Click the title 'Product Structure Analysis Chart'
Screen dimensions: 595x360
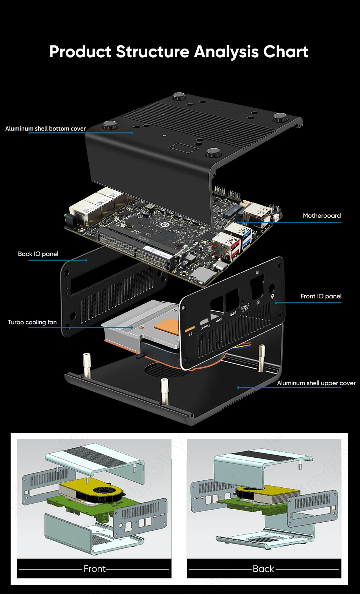pos(179,52)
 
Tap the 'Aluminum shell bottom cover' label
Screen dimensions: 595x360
pos(45,129)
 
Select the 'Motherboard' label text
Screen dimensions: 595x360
pos(322,215)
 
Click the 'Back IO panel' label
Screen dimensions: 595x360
pos(38,254)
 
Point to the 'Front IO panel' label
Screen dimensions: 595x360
pos(321,296)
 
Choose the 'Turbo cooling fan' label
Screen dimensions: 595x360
pos(32,322)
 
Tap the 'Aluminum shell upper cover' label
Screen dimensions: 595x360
pos(316,383)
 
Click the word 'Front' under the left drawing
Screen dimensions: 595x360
pos(94,568)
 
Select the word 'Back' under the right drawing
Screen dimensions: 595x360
pos(263,569)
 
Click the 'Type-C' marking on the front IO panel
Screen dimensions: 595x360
pos(204,327)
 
